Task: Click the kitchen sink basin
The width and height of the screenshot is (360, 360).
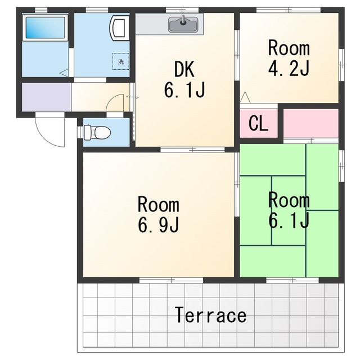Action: (183, 24)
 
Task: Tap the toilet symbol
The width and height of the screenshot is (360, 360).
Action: (97, 132)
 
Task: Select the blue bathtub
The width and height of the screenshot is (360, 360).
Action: (45, 28)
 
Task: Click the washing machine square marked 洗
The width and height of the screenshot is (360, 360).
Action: (121, 61)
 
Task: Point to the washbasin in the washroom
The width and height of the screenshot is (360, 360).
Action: (119, 28)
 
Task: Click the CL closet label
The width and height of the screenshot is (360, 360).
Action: (258, 124)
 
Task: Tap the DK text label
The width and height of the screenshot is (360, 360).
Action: (184, 69)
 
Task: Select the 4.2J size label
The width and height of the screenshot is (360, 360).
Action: (289, 67)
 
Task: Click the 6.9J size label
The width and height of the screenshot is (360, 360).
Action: (159, 224)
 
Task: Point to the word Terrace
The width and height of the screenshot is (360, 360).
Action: (210, 315)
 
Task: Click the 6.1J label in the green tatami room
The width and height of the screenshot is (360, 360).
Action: (289, 220)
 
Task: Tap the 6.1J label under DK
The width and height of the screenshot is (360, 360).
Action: (184, 90)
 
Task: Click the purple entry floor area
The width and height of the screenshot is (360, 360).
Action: (46, 97)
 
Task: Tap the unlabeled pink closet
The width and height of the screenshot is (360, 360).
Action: (311, 123)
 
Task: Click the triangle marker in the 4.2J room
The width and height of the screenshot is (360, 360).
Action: (245, 97)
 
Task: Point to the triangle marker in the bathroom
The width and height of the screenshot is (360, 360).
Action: (65, 73)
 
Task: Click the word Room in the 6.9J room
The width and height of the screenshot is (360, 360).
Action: (159, 204)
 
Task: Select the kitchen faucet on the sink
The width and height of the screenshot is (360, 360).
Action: (183, 20)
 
